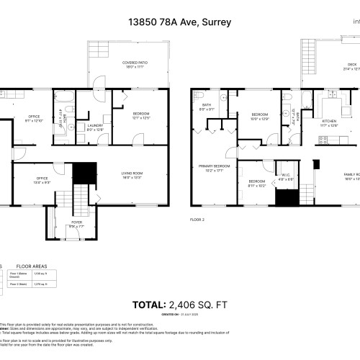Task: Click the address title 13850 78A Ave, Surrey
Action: (179, 22)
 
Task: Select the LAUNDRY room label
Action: (95, 127)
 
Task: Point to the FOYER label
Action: (76, 223)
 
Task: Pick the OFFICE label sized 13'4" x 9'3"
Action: (42, 181)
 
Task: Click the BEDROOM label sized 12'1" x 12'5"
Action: (140, 115)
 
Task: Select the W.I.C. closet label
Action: (285, 176)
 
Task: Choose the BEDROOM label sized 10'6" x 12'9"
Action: (259, 117)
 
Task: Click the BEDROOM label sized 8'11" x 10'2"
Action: (257, 183)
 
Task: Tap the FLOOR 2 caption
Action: (197, 218)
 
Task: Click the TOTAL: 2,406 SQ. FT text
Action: (179, 305)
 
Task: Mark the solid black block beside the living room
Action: (86, 173)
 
